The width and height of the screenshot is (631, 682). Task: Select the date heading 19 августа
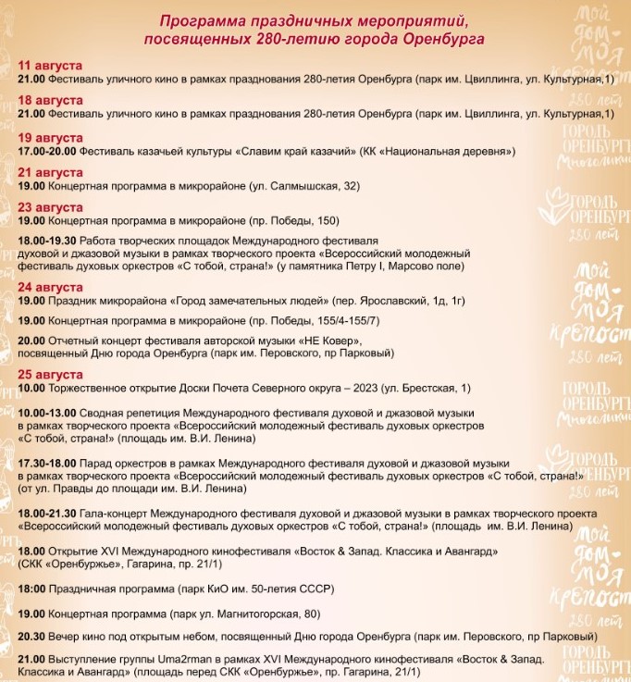click(x=50, y=137)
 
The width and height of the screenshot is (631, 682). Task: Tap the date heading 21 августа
click(x=50, y=173)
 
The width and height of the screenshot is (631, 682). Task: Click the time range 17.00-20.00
click(x=47, y=150)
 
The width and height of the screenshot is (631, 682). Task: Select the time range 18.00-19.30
click(x=47, y=240)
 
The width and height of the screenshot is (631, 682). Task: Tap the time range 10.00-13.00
click(x=47, y=412)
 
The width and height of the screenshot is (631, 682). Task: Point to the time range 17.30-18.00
click(x=47, y=463)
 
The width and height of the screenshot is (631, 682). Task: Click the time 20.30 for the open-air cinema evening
click(x=32, y=639)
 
